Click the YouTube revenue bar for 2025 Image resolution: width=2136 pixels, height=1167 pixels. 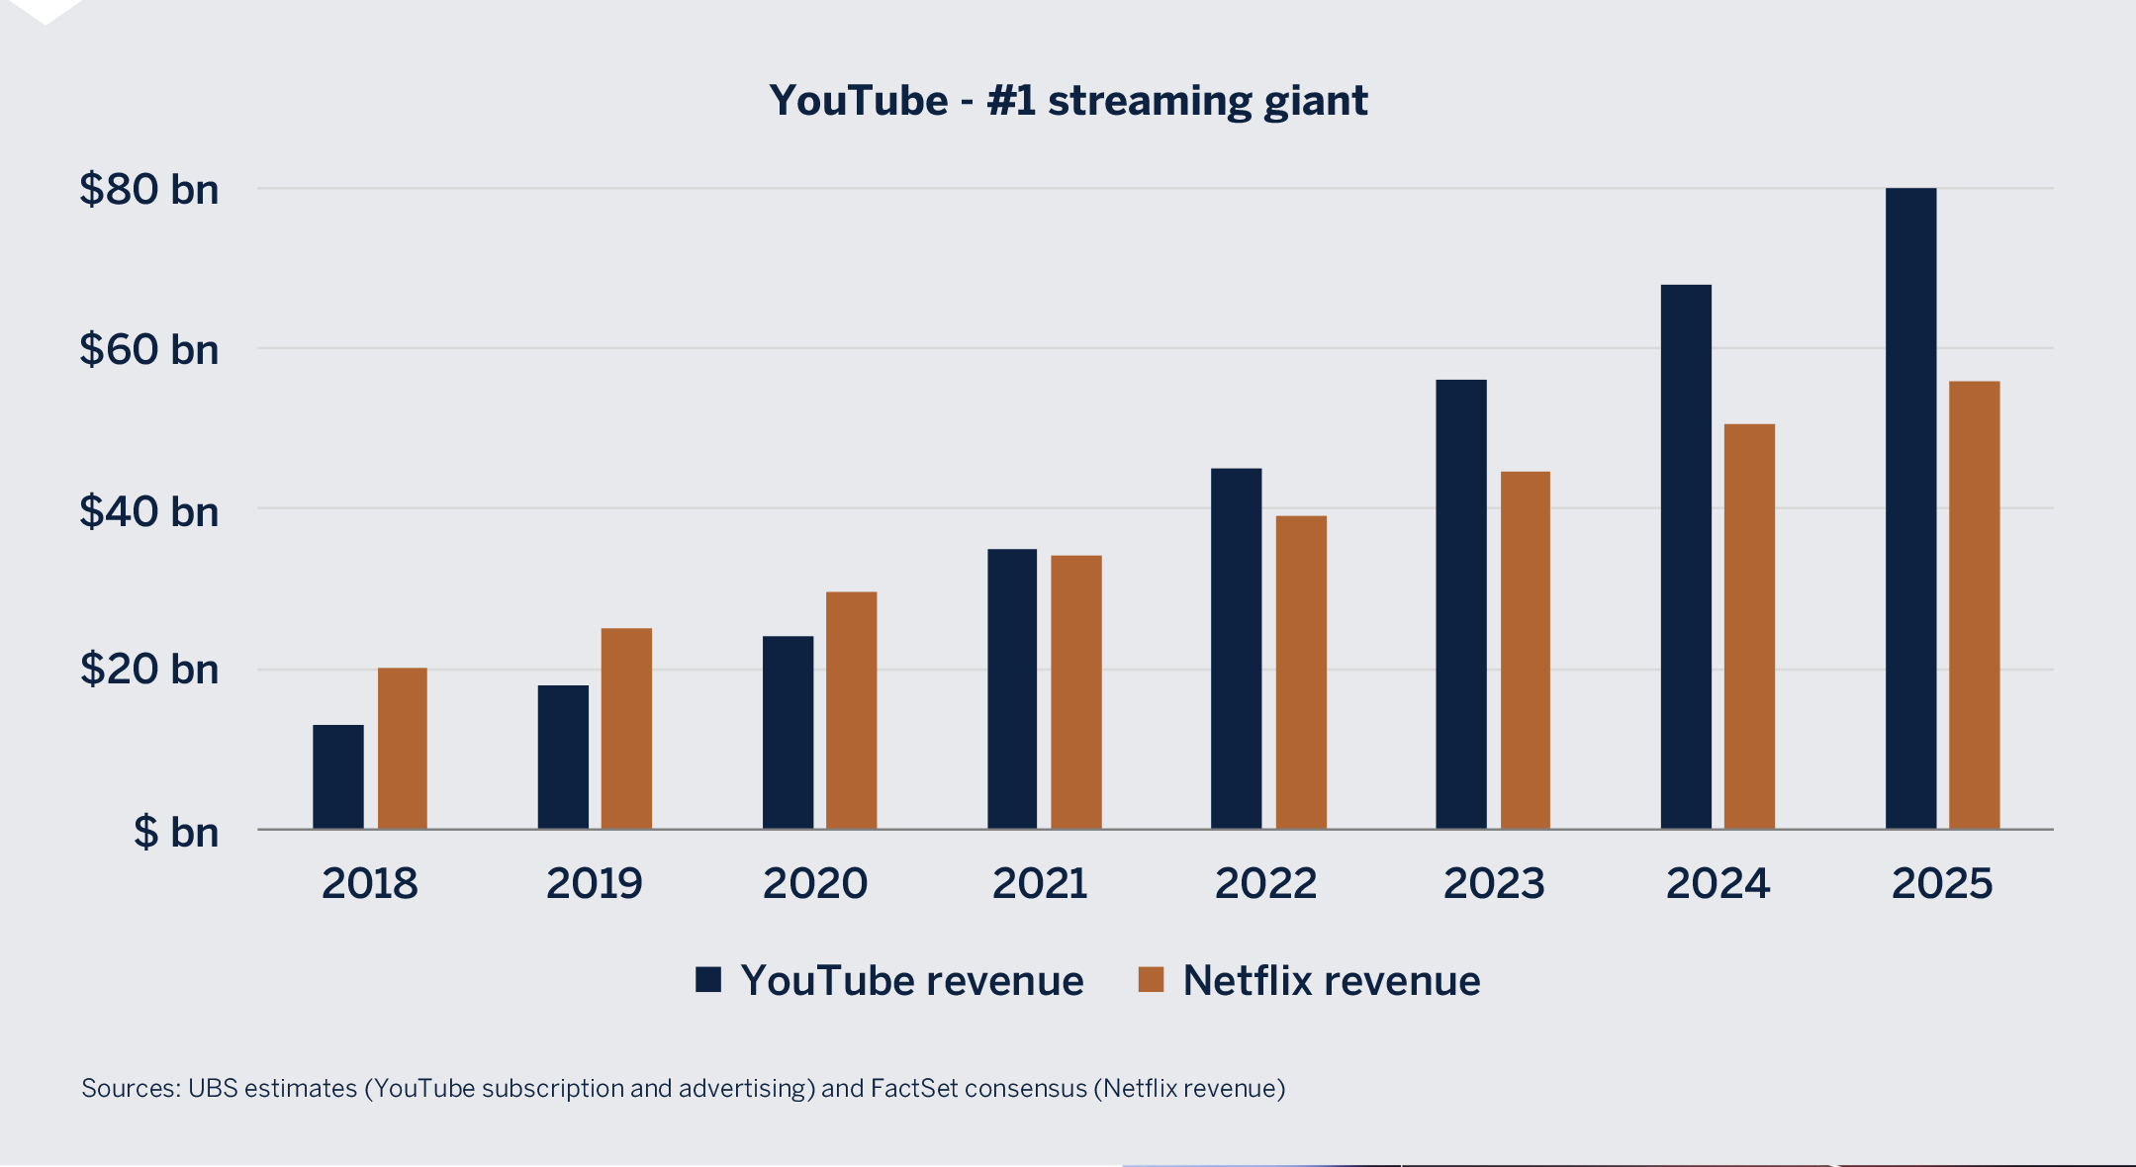(1910, 508)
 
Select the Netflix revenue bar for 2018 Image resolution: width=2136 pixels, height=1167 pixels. (403, 749)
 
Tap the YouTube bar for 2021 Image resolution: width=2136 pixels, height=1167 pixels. (1012, 689)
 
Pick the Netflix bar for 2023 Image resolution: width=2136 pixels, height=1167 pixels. (1526, 651)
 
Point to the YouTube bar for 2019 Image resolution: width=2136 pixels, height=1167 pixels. (563, 758)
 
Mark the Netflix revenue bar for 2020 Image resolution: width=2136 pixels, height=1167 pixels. (851, 710)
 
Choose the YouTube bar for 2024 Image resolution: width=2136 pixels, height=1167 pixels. (1686, 557)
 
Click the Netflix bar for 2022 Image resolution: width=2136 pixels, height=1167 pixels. (1301, 673)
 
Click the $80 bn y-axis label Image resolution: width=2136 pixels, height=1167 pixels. (149, 189)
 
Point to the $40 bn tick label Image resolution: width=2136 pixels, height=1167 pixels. (149, 511)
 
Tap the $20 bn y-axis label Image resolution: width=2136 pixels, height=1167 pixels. (149, 670)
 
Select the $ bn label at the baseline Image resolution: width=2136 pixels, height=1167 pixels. (176, 832)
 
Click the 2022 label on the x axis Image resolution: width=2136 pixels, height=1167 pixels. (1265, 883)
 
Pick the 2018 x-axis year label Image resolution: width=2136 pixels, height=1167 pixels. (370, 883)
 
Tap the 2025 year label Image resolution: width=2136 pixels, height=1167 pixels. (1942, 883)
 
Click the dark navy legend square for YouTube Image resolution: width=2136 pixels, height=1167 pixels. (708, 979)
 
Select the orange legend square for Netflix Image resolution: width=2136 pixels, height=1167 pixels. (1151, 979)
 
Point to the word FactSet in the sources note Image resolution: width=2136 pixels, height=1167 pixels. (908, 1088)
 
